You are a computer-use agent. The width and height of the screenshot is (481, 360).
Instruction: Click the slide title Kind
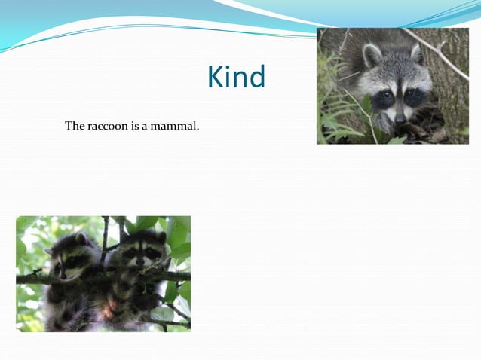236,78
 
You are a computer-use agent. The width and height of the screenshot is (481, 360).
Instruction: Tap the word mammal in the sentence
174,126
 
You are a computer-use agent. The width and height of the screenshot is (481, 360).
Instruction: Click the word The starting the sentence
75,126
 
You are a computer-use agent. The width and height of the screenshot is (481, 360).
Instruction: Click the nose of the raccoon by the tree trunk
400,118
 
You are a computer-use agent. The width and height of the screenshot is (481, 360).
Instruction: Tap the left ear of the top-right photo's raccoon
372,55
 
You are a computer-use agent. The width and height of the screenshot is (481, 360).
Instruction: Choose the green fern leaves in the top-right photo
332,113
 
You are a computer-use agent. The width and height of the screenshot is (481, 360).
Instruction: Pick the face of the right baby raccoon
142,252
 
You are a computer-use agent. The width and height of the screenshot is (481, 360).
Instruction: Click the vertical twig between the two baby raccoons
105,233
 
